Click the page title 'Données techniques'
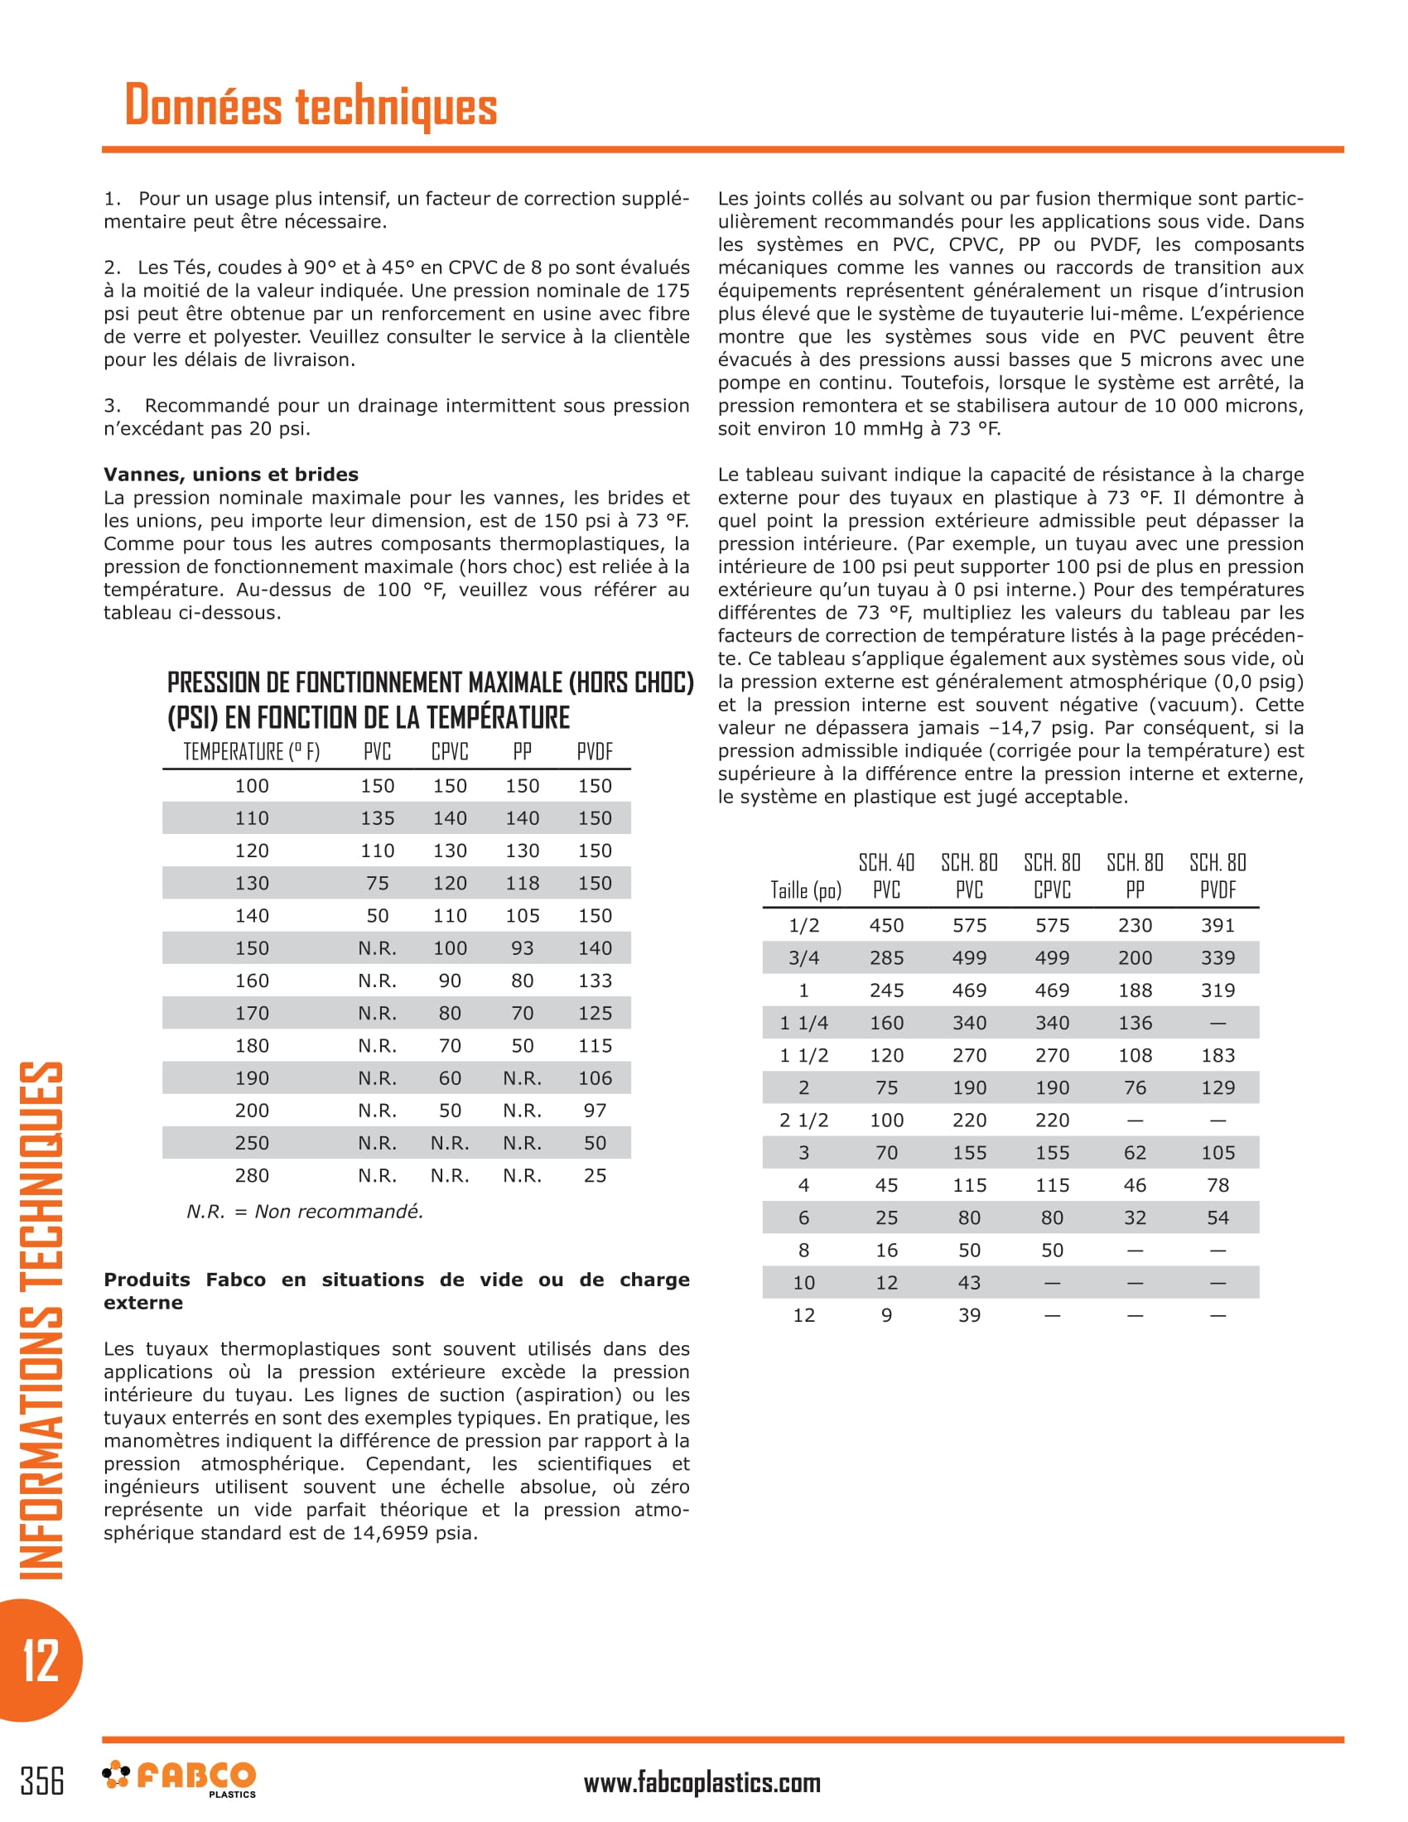coord(311,106)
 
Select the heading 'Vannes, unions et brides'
coord(231,475)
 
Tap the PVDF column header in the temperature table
coord(594,752)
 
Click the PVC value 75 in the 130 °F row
coord(377,883)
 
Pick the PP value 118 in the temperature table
coord(522,883)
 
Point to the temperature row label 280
coord(251,1175)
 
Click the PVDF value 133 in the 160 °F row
coord(595,981)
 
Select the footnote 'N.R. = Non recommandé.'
coord(306,1212)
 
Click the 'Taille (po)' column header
coord(805,890)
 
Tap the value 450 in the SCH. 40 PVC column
coord(886,925)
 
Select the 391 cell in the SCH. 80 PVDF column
coord(1217,925)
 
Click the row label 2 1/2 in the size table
coord(803,1121)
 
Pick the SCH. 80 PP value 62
coord(1135,1153)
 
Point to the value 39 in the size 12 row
coord(968,1316)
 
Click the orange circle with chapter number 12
coord(39,1661)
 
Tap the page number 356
coord(41,1781)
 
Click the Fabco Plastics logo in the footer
coord(180,1778)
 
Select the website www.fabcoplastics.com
coord(702,1783)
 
